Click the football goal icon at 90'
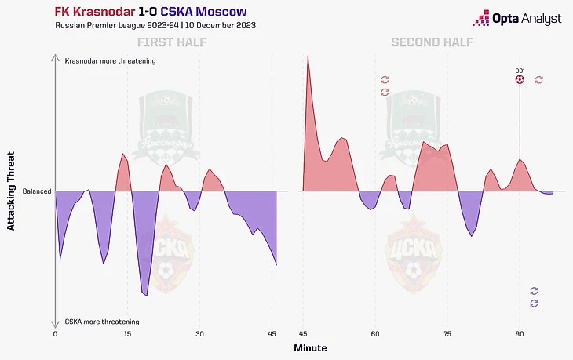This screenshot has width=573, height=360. [x=520, y=79]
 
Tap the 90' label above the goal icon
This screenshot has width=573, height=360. [x=520, y=70]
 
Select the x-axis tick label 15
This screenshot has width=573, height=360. [x=127, y=333]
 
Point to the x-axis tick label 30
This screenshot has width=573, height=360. [x=199, y=333]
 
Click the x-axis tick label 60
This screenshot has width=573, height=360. [x=375, y=333]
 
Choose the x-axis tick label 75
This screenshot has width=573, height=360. [x=447, y=333]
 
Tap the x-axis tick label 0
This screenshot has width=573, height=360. [x=55, y=333]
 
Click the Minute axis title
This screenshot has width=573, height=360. [x=311, y=347]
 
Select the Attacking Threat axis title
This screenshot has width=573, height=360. [x=11, y=191]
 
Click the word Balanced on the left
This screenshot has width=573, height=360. [x=37, y=191]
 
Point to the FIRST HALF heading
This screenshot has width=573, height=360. [x=172, y=42]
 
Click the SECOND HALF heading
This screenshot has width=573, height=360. [x=432, y=42]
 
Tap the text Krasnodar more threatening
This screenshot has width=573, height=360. [x=111, y=60]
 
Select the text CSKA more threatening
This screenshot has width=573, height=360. [x=102, y=322]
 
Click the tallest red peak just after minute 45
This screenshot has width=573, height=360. [x=307, y=56]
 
